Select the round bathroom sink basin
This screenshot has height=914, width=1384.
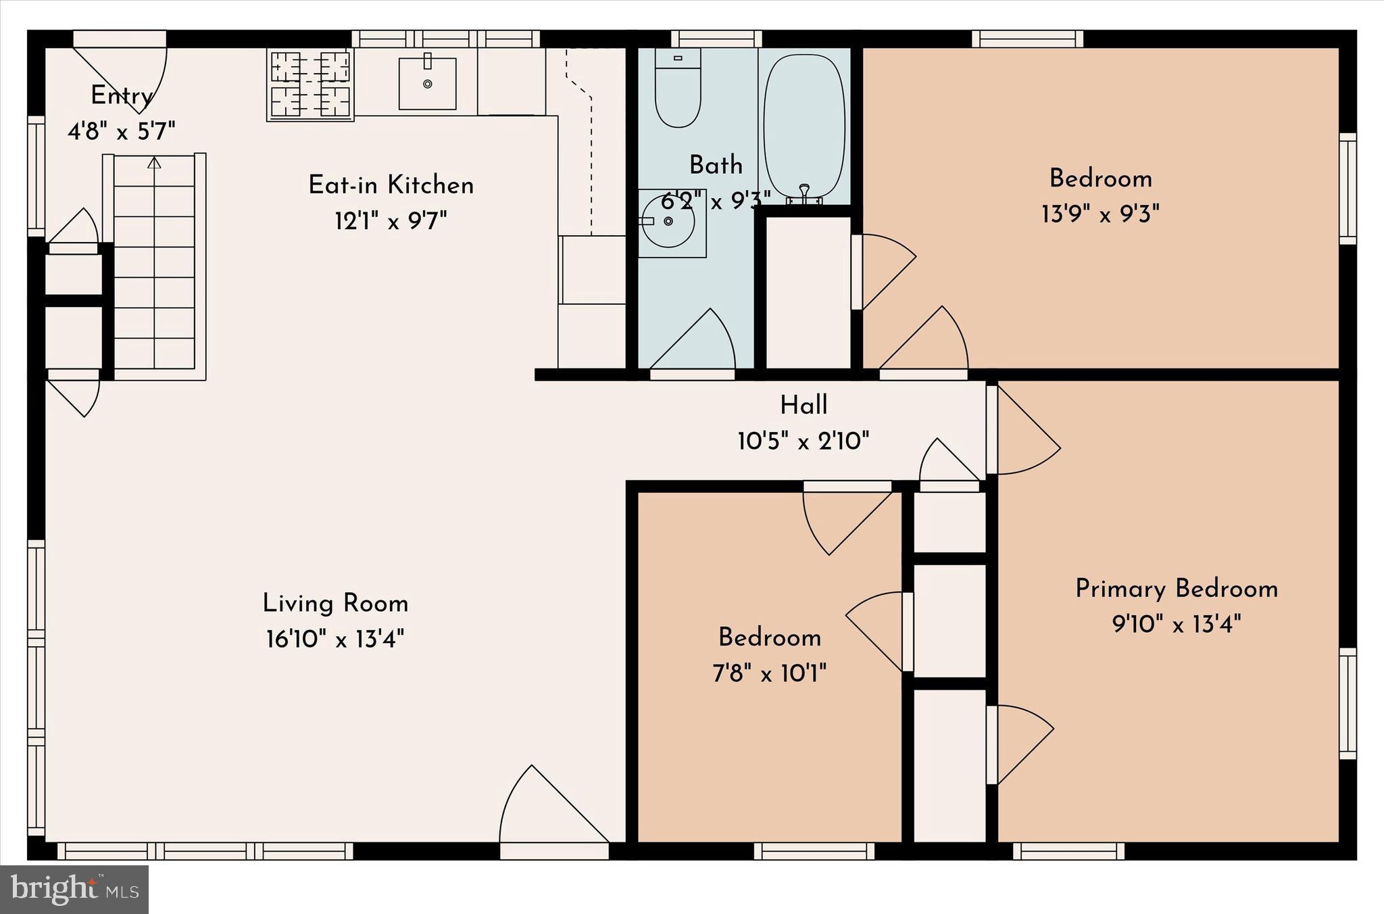tap(668, 222)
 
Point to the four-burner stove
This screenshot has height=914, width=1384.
tap(310, 85)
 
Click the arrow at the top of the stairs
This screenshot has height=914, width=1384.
tap(154, 163)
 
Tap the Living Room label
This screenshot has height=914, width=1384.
tap(335, 603)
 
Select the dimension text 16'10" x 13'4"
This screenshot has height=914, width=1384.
tap(335, 639)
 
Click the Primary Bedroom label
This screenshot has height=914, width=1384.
tap(1177, 589)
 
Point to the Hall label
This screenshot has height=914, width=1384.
tap(804, 406)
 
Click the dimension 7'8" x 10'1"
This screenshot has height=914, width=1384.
tap(770, 673)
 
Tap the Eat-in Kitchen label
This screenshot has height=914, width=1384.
tap(391, 185)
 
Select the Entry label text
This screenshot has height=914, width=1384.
tap(122, 96)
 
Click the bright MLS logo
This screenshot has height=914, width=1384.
tap(74, 890)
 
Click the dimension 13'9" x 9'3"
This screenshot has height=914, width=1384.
tap(1100, 215)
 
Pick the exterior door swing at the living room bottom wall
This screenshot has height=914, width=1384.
tap(547, 811)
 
